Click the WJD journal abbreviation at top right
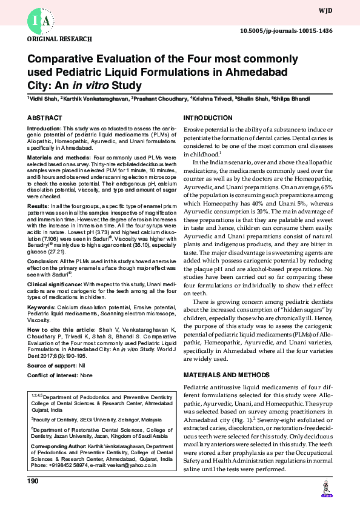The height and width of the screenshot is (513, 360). click(325, 10)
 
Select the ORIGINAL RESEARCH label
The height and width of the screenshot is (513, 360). click(59, 39)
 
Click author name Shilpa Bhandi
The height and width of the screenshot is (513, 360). click(293, 99)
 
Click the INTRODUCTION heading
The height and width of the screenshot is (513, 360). click(208, 117)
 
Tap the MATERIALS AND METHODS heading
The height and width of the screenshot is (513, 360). click(223, 375)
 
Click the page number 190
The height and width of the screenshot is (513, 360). click(33, 481)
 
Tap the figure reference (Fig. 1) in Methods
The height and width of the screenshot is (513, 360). click(237, 421)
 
